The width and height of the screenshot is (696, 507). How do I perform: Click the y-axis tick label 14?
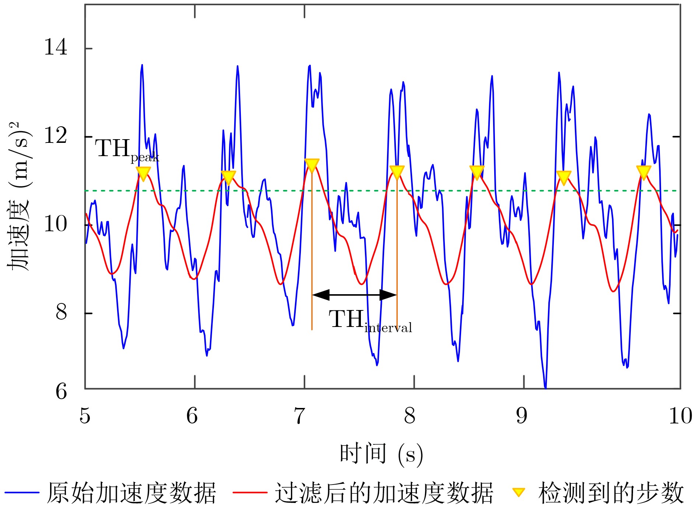click(x=55, y=48)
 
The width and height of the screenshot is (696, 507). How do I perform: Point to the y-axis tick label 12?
click(x=55, y=136)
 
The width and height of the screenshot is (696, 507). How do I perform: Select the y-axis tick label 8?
click(x=61, y=312)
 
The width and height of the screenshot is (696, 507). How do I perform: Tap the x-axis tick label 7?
click(x=299, y=416)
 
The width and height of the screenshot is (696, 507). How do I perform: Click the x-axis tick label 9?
click(x=521, y=416)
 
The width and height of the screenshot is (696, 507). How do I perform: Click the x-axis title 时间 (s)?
click(x=381, y=454)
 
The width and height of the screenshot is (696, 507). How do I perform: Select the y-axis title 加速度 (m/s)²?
click(x=19, y=196)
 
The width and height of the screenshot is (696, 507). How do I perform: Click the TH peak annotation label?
click(x=127, y=149)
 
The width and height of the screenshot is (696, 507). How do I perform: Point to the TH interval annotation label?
click(x=370, y=320)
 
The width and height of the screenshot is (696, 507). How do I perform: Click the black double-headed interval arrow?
click(x=354, y=295)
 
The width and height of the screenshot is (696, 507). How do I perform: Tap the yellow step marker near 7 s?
click(x=312, y=165)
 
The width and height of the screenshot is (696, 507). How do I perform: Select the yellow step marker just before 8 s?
click(x=397, y=172)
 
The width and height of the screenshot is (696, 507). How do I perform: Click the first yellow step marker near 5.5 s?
click(x=143, y=173)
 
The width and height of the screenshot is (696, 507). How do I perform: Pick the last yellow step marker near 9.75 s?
click(x=644, y=172)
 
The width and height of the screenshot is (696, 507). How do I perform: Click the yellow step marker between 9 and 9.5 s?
click(x=563, y=177)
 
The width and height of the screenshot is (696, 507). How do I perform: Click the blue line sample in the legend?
click(x=22, y=492)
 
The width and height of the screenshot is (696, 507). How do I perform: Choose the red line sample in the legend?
click(x=250, y=492)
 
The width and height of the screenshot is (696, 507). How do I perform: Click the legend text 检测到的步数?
click(x=611, y=492)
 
